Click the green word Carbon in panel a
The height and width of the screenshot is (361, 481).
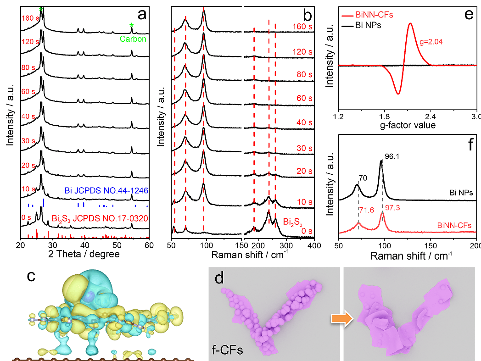(x=133, y=39)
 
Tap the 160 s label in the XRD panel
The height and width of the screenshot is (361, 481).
(x=30, y=19)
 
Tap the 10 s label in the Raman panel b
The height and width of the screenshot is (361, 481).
(x=301, y=202)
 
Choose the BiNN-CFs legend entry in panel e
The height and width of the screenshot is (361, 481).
(x=374, y=15)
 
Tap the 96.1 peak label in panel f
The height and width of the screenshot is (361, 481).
(x=388, y=163)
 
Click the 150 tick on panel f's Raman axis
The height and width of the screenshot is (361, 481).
(x=431, y=245)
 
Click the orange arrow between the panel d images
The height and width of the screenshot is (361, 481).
(x=345, y=318)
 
